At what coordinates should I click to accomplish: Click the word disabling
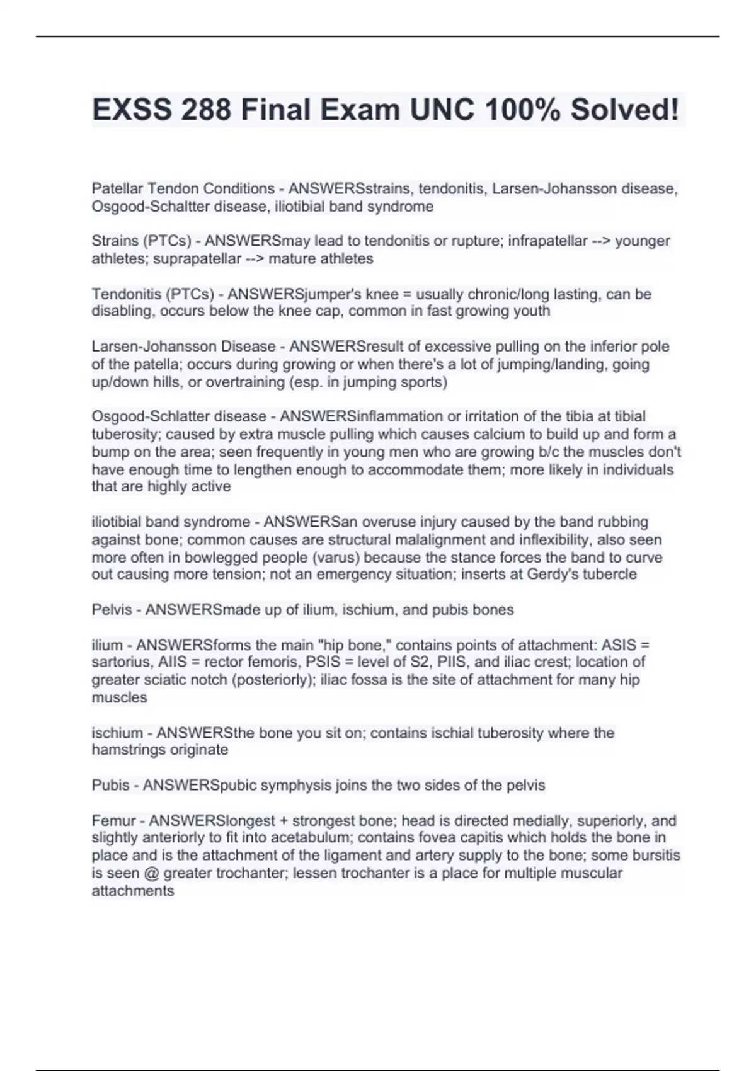click(123, 311)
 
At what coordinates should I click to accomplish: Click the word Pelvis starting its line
click(112, 610)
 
